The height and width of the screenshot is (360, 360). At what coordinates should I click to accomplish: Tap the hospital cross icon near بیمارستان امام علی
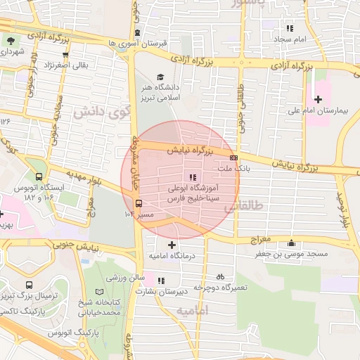(x=319, y=99)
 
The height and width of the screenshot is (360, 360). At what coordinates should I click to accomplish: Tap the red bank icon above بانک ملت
(x=234, y=157)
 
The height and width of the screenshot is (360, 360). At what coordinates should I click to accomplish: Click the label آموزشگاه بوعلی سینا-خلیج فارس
(x=191, y=195)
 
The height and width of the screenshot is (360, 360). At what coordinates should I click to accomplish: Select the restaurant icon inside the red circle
(x=192, y=177)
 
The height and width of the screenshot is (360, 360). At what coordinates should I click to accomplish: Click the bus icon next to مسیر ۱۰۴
(x=138, y=203)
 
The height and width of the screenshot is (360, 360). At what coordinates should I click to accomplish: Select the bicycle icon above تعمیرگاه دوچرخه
(x=220, y=276)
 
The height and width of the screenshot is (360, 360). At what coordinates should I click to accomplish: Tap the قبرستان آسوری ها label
(x=139, y=44)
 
